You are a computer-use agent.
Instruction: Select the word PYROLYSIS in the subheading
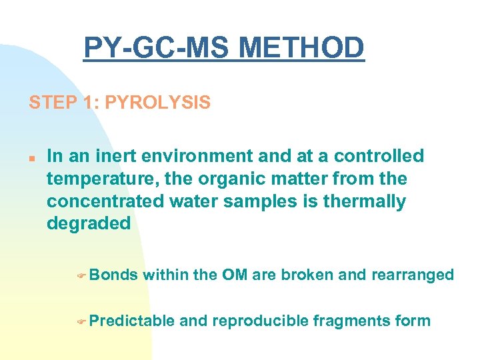[158, 103]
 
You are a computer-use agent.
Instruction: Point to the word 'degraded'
[89, 224]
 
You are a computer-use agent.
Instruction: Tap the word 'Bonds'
[113, 275]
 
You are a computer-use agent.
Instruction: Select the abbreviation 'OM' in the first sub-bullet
[235, 275]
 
